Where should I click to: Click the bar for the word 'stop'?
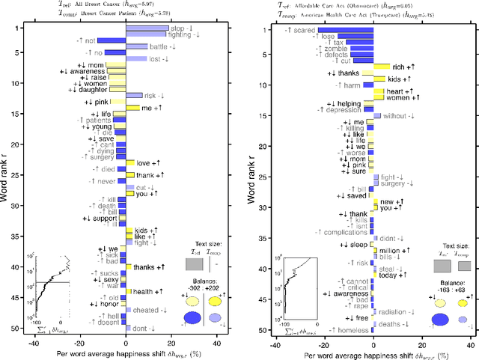[x=147, y=28]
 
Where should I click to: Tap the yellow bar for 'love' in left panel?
[x=129, y=162]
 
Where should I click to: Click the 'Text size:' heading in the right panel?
[x=452, y=245]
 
